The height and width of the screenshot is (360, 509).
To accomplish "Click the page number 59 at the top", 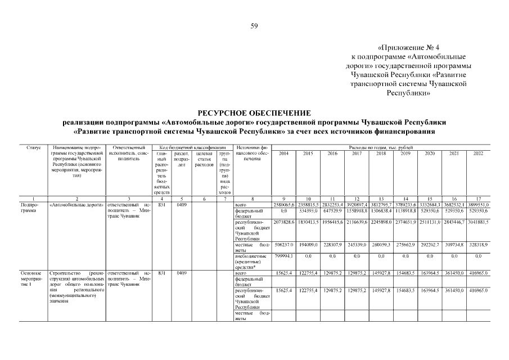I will pyautogui.click(x=254, y=26).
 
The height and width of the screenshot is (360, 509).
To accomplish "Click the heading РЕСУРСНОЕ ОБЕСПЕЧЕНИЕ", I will pyautogui.click(x=254, y=113).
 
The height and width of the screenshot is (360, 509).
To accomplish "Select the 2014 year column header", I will pyautogui.click(x=284, y=153).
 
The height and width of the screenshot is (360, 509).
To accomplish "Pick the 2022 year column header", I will pyautogui.click(x=478, y=153).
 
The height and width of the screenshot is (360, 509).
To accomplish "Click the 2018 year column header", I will pyautogui.click(x=381, y=153).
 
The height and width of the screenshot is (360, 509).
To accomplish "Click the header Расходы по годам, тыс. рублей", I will pyautogui.click(x=381, y=147).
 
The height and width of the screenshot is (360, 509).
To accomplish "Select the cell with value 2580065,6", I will pyautogui.click(x=284, y=205).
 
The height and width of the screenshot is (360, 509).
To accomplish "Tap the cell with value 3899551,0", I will pyautogui.click(x=478, y=205).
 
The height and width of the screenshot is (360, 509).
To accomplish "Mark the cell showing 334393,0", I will pyautogui.click(x=308, y=210).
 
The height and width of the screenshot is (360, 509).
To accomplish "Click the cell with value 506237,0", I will pyautogui.click(x=284, y=245).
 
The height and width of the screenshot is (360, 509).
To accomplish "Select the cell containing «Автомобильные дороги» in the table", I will pyautogui.click(x=76, y=205).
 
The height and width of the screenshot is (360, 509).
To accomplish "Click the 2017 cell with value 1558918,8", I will pyautogui.click(x=357, y=210).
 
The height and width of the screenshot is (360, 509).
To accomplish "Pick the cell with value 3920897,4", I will pyautogui.click(x=357, y=205).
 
